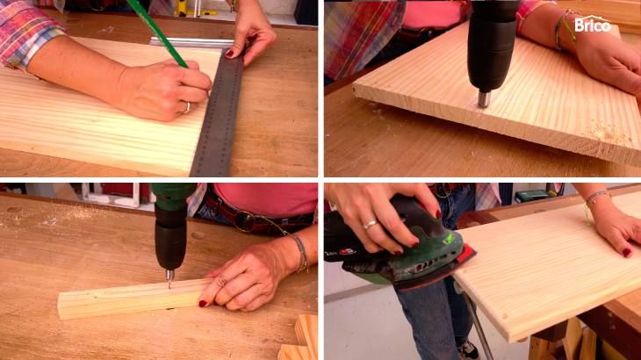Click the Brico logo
[x=593, y=24]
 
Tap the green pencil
[x=156, y=32]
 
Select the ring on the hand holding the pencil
[x=187, y=107]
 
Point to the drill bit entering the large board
[x=483, y=99]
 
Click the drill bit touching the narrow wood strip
[x=169, y=278]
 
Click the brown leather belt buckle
[x=245, y=220]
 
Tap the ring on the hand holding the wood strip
[x=220, y=282]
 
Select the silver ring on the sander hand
[x=371, y=224]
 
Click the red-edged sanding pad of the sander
[x=442, y=270]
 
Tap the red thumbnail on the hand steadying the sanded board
[x=627, y=253]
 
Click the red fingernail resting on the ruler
[x=229, y=53]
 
